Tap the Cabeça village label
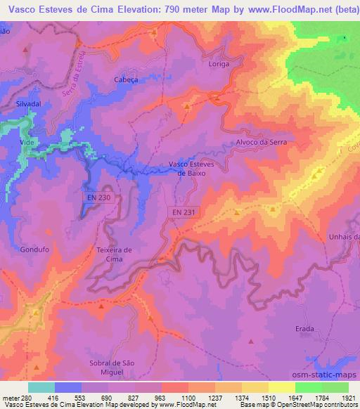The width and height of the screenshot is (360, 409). (x=124, y=80)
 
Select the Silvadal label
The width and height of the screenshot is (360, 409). (x=28, y=103)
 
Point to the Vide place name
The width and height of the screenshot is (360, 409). (x=27, y=141)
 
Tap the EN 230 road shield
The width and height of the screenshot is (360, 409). (x=99, y=198)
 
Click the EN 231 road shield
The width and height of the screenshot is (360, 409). (x=184, y=212)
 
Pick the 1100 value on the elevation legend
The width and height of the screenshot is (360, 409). (x=189, y=397)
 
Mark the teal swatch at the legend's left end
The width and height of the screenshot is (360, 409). (x=41, y=387)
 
